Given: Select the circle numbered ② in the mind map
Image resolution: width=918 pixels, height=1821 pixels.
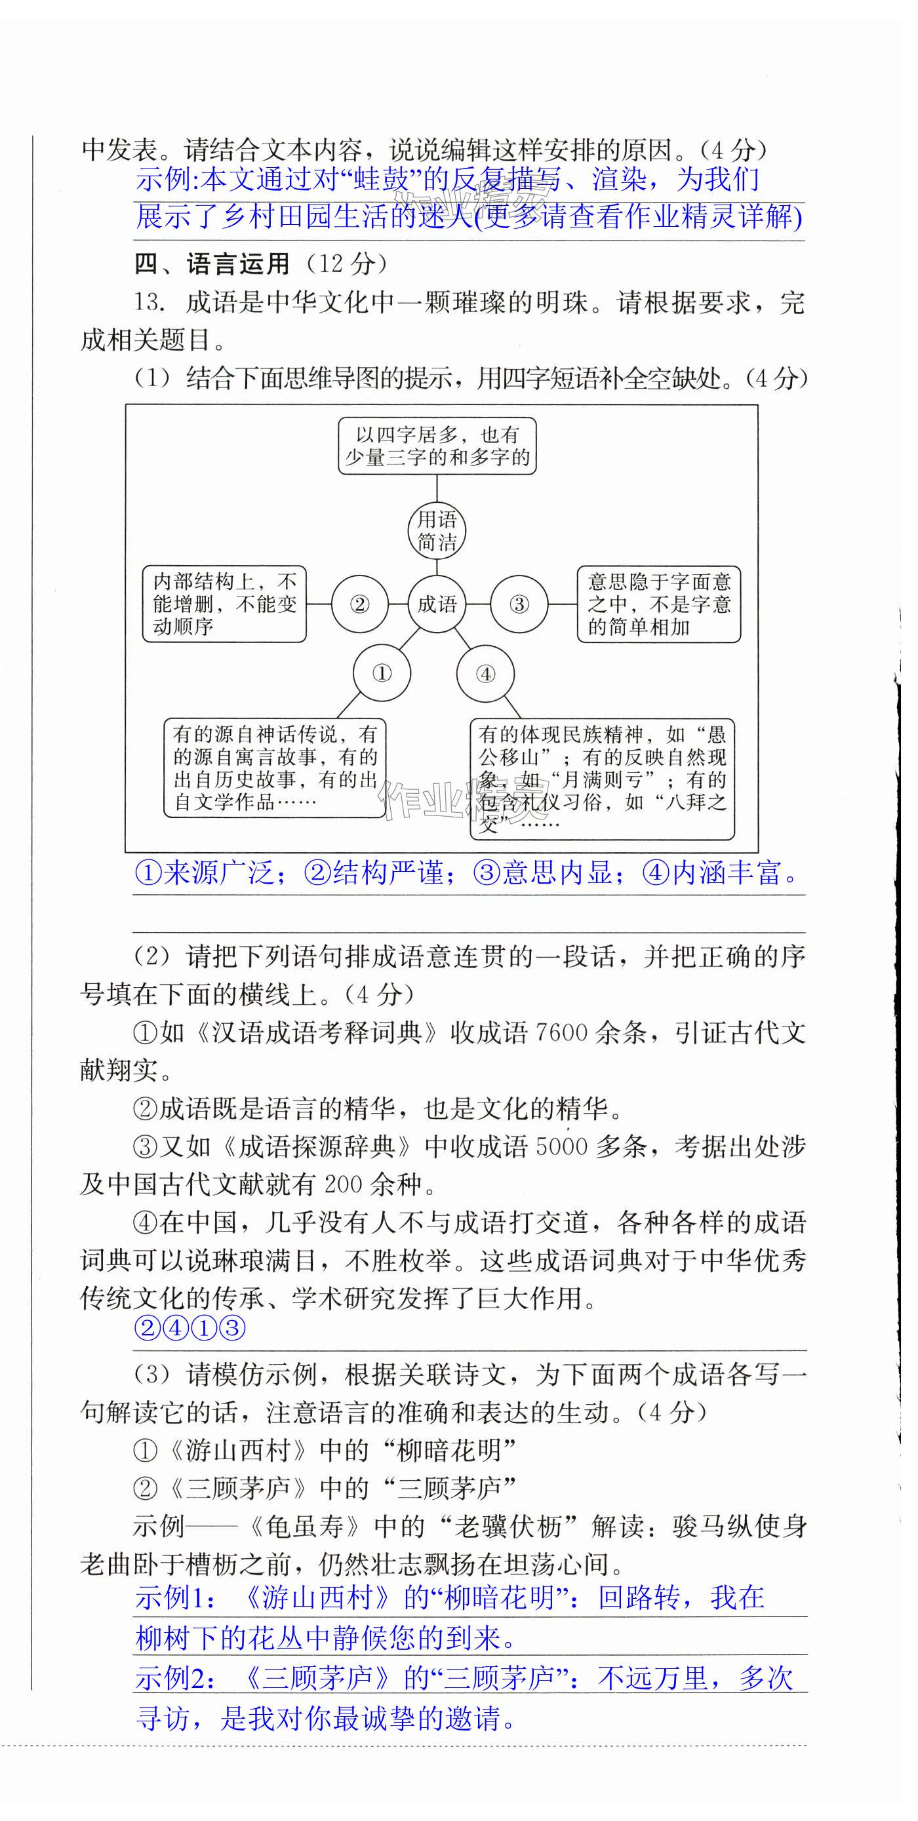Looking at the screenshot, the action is (x=359, y=604).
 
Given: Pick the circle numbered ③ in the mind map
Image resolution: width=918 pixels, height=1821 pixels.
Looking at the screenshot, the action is (x=519, y=604).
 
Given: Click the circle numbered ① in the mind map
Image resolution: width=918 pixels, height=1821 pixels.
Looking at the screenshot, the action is (x=382, y=673).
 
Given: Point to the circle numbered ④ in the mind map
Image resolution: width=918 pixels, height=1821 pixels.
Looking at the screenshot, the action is (x=485, y=674).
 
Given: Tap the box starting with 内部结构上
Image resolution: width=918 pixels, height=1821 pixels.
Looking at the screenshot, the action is (x=224, y=604).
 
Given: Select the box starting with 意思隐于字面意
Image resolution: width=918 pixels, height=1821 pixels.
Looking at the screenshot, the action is (x=658, y=604).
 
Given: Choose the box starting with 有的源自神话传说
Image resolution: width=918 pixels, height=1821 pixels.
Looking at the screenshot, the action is (x=274, y=768).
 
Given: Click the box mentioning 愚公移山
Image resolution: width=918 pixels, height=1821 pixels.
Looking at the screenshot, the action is (x=602, y=779).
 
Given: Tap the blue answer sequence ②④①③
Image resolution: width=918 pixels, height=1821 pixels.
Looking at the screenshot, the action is (x=190, y=1328).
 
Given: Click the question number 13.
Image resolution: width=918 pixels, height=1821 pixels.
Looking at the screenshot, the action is (x=150, y=303).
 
